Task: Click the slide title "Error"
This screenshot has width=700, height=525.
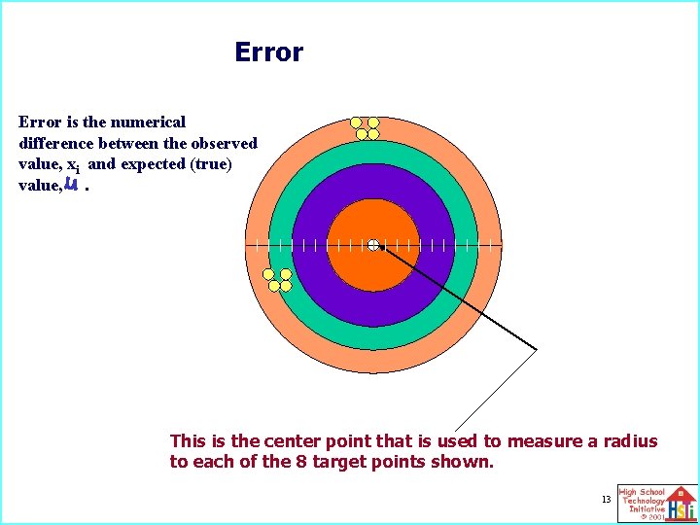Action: click(268, 52)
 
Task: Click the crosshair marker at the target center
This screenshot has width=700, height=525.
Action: click(373, 245)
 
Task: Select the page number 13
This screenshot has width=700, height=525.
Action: click(606, 499)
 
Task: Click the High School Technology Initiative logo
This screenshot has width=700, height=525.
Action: click(656, 503)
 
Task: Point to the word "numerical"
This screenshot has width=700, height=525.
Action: click(149, 122)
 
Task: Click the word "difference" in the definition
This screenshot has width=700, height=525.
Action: click(55, 143)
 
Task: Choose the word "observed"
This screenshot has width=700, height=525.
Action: click(225, 143)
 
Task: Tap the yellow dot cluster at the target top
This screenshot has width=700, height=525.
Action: click(365, 127)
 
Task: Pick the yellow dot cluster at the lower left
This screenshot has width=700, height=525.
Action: click(278, 280)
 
